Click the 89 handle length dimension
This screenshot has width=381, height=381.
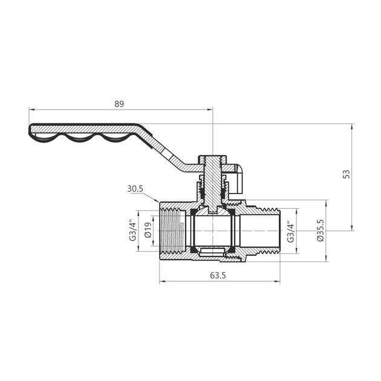[119, 104]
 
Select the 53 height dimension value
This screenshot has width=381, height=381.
[346, 174]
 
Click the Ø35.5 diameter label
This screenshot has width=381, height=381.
[321, 230]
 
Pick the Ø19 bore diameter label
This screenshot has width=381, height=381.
[147, 230]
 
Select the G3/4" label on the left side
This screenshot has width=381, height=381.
[132, 230]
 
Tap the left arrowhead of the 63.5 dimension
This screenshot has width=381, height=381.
[161, 282]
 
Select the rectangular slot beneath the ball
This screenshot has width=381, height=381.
[213, 250]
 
